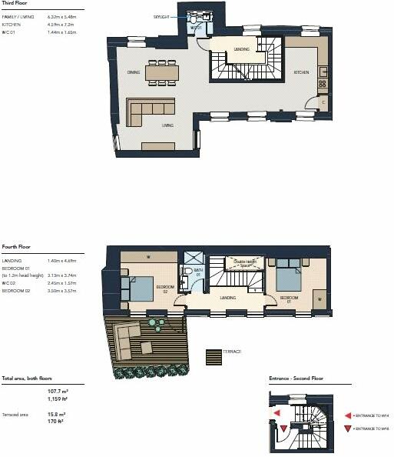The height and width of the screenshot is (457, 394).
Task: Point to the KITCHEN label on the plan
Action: click(301, 74)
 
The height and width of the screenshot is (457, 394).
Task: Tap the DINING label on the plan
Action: click(133, 73)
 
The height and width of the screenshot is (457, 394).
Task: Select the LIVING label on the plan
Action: click(167, 125)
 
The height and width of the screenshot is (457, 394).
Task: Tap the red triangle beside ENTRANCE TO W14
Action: click(349, 413)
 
